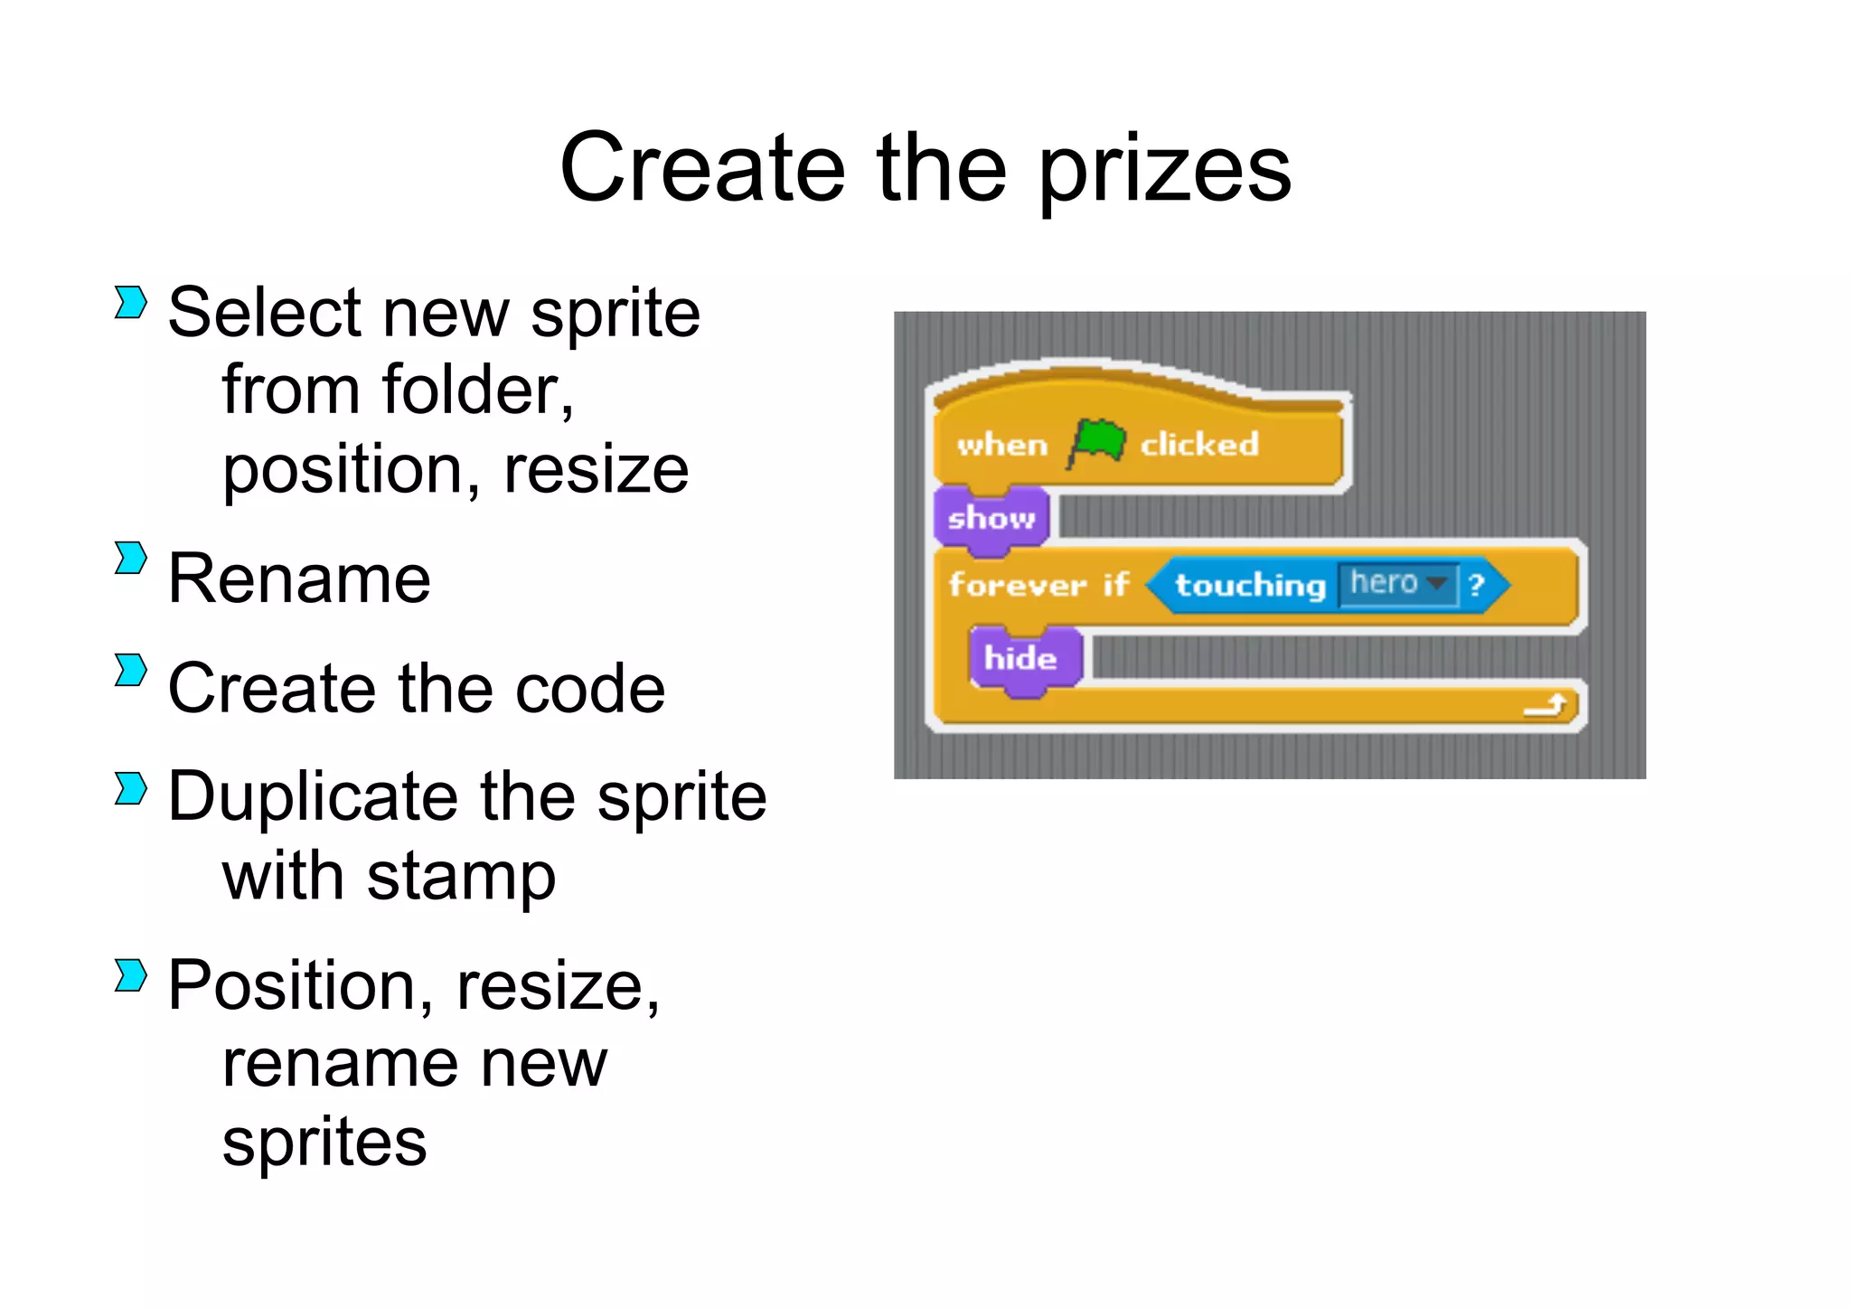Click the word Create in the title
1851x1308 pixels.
pyautogui.click(x=702, y=169)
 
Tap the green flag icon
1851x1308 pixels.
pyautogui.click(x=1095, y=443)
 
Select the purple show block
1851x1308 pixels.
pyautogui.click(x=991, y=518)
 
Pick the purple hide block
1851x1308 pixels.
pyautogui.click(x=1021, y=658)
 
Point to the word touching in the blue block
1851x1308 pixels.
pyautogui.click(x=1249, y=585)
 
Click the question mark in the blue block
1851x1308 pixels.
pyautogui.click(x=1477, y=585)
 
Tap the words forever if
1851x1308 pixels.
pyautogui.click(x=1038, y=585)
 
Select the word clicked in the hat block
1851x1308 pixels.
pyautogui.click(x=1198, y=444)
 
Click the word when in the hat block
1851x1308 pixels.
pyautogui.click(x=1002, y=445)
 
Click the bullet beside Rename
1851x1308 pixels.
pyautogui.click(x=130, y=558)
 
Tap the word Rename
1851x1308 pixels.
pyautogui.click(x=299, y=579)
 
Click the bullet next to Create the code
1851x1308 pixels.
pyautogui.click(x=130, y=670)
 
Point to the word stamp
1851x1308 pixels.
pyautogui.click(x=461, y=877)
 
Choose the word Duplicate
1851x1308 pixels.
pyautogui.click(x=314, y=797)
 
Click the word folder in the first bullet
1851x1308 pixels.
pyautogui.click(x=476, y=391)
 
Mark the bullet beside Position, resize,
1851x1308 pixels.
pyautogui.click(x=130, y=975)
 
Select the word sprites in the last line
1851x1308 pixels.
pyautogui.click(x=324, y=1143)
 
